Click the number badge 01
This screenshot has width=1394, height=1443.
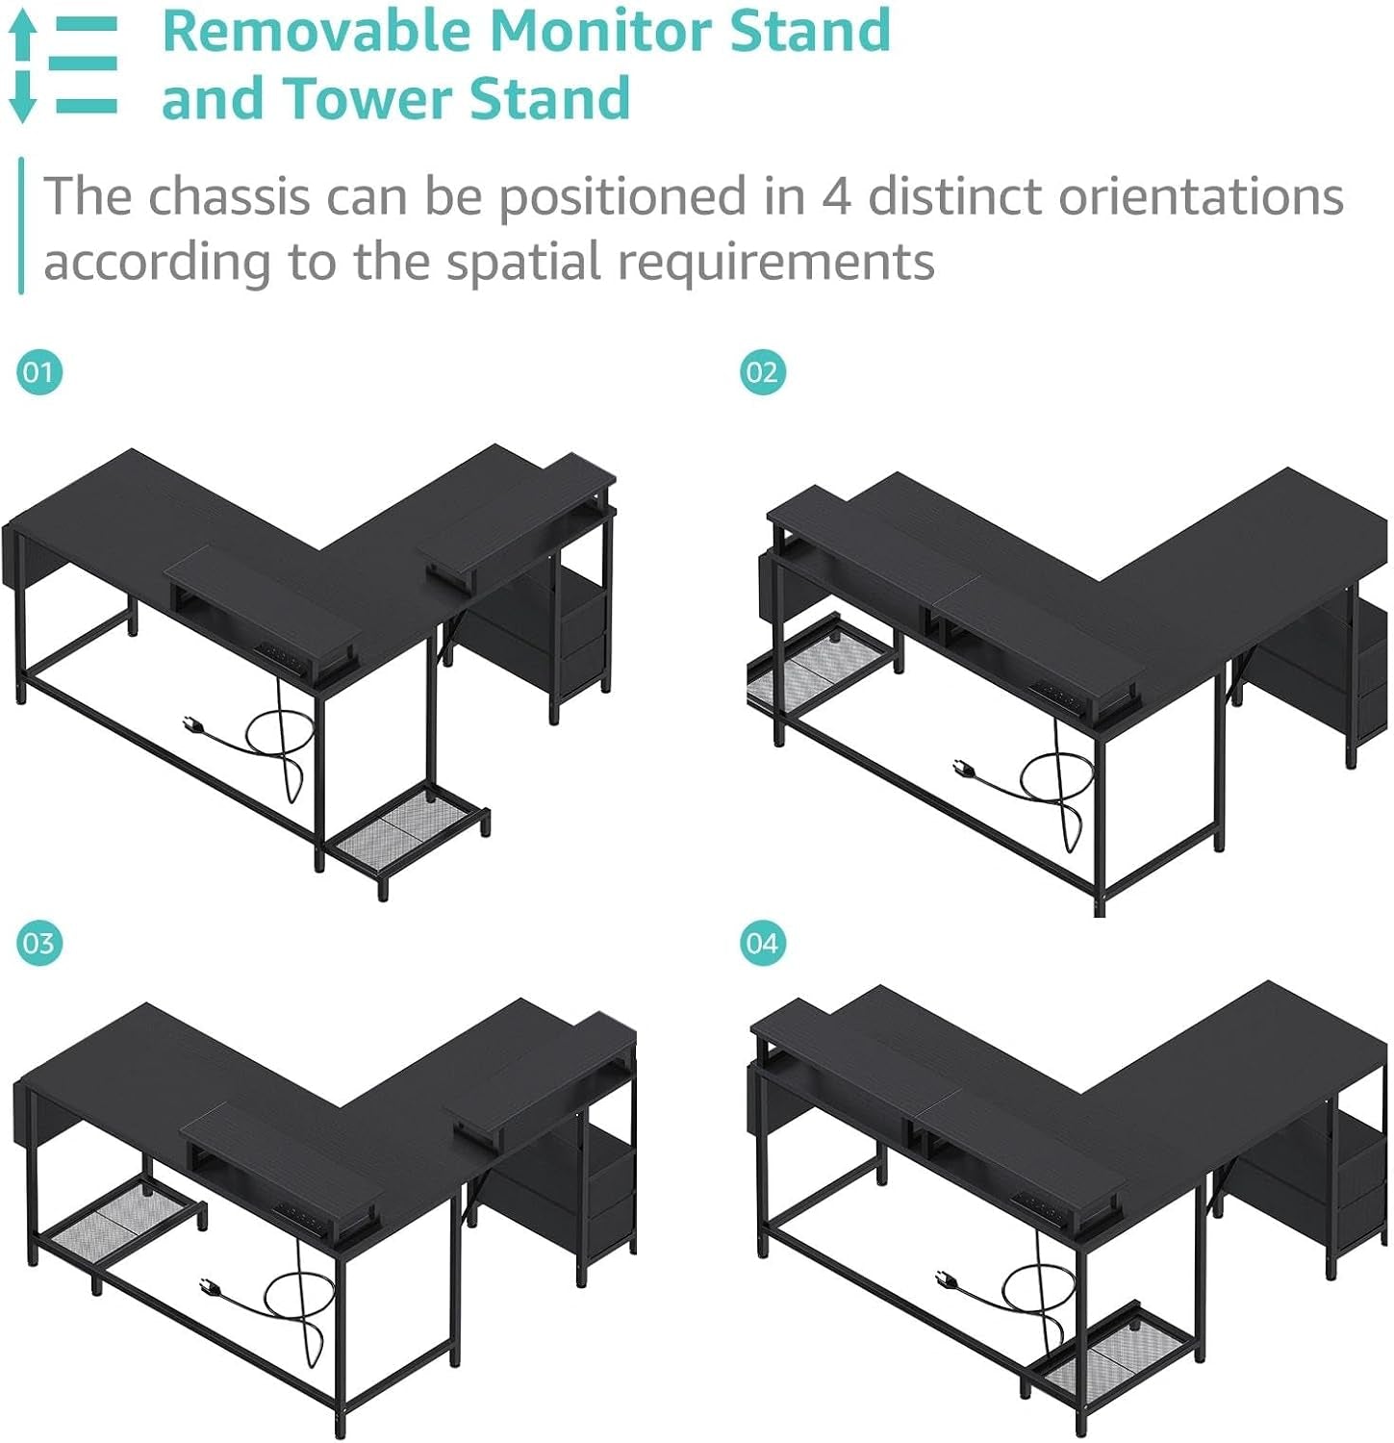click(x=39, y=371)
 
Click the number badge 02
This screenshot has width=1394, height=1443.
click(x=762, y=371)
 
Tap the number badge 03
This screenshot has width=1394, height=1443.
click(x=39, y=943)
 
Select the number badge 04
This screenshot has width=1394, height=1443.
click(x=762, y=943)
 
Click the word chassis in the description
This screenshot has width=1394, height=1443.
click(x=229, y=196)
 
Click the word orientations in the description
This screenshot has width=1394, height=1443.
click(x=1201, y=196)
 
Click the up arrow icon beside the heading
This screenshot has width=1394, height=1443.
click(x=22, y=37)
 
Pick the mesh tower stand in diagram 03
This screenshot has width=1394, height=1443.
click(x=122, y=1223)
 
